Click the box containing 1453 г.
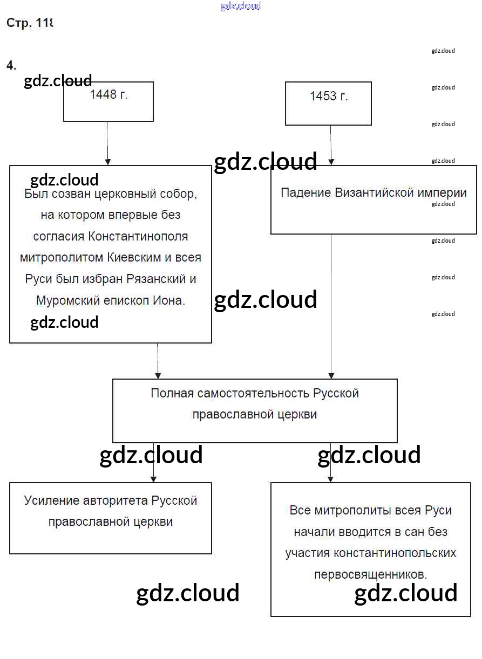[x=328, y=104]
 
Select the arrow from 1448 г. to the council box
[x=107, y=143]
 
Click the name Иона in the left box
[x=173, y=301]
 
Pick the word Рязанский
[x=153, y=279]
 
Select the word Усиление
[x=52, y=500]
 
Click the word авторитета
[x=116, y=500]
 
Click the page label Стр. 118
[x=30, y=23]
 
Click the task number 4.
[x=11, y=65]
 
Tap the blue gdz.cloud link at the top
[x=241, y=6]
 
